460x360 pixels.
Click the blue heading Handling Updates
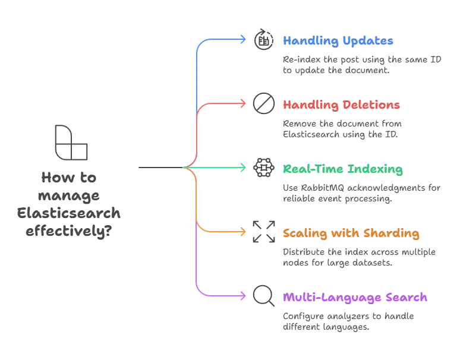click(x=337, y=41)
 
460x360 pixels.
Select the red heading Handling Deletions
click(x=341, y=105)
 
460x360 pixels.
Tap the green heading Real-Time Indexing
click(x=342, y=170)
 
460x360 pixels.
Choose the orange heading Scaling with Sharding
click(x=352, y=234)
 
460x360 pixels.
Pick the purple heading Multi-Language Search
click(x=355, y=298)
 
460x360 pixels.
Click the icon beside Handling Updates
click(x=260, y=40)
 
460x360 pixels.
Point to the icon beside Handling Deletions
click(x=260, y=104)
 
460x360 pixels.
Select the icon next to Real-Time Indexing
click(x=260, y=169)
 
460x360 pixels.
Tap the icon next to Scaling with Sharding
click(x=260, y=232)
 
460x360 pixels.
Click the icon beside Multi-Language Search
click(x=260, y=296)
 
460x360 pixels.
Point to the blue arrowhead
click(x=242, y=40)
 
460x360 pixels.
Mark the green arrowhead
click(x=242, y=169)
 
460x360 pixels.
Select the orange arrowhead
click(x=242, y=232)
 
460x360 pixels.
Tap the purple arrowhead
click(x=242, y=296)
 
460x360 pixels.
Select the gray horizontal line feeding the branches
click(x=159, y=169)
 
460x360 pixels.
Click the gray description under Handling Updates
click(x=361, y=65)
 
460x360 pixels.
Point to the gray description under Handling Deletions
click(x=342, y=128)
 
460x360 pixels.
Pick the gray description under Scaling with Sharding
click(x=359, y=257)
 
